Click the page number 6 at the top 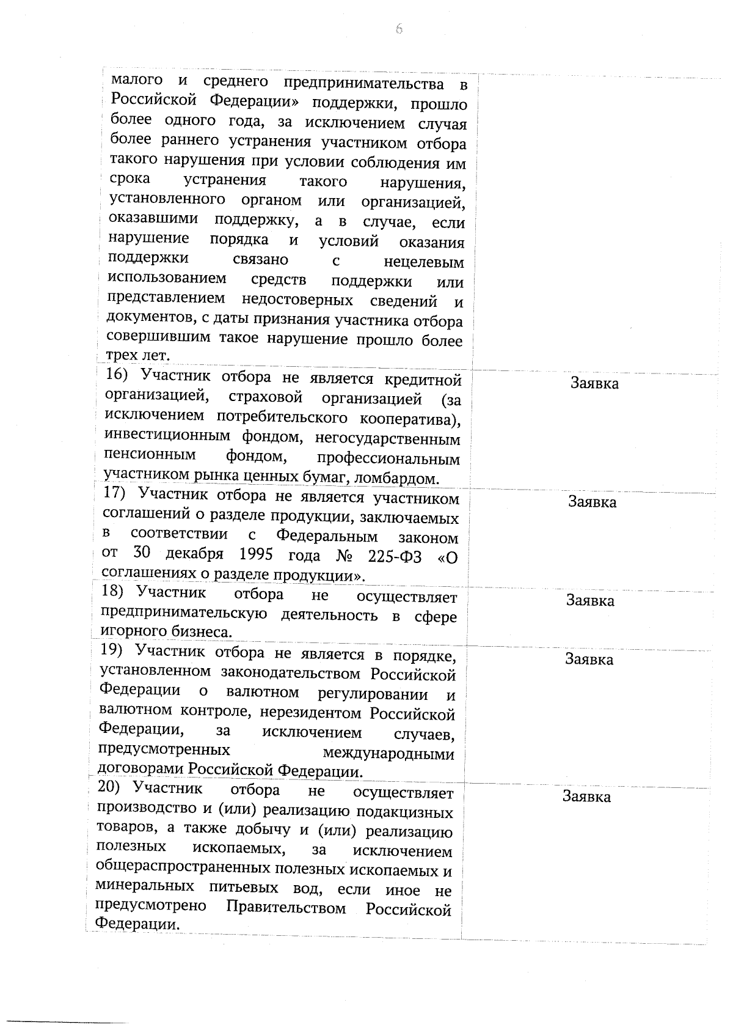(399, 29)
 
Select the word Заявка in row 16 (594, 383)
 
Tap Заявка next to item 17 (592, 502)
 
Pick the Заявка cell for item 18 (590, 600)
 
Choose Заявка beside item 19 (589, 659)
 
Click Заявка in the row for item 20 (586, 796)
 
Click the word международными (388, 753)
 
